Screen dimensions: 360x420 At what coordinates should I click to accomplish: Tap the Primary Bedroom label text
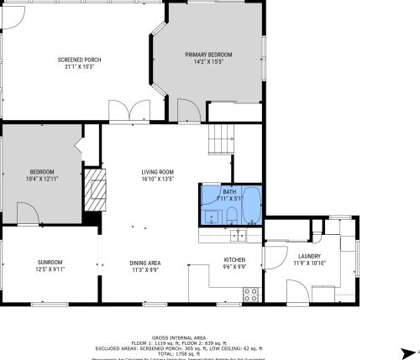pos(208,55)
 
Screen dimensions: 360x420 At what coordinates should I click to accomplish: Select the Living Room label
pos(157,171)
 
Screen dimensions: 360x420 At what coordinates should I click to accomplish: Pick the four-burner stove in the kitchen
pos(249,293)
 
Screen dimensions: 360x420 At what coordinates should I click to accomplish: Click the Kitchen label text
pos(234,259)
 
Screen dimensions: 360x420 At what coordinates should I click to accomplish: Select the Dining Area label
pos(145,263)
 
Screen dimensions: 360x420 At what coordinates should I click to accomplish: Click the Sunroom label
pos(50,263)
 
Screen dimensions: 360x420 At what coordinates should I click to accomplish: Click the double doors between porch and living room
pos(125,112)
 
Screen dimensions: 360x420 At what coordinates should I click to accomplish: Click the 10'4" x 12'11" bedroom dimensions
pos(42,179)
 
